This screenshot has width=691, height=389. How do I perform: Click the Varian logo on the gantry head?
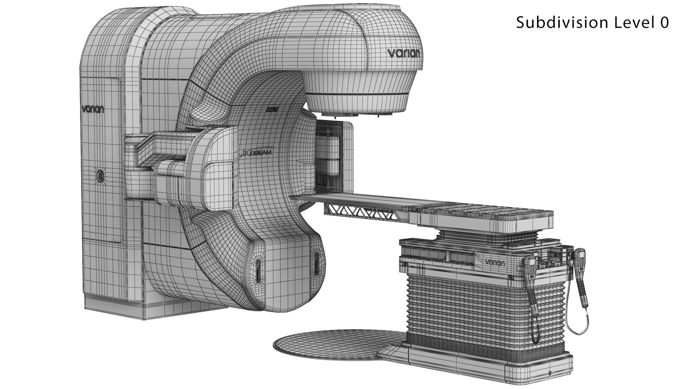coord(403,53)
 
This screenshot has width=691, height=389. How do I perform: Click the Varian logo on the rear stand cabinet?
coord(93,109)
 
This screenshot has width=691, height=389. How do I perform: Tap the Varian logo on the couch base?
coord(494,262)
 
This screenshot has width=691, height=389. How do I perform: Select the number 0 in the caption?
coord(664,23)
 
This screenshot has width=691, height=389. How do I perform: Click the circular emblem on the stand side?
coord(100,176)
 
